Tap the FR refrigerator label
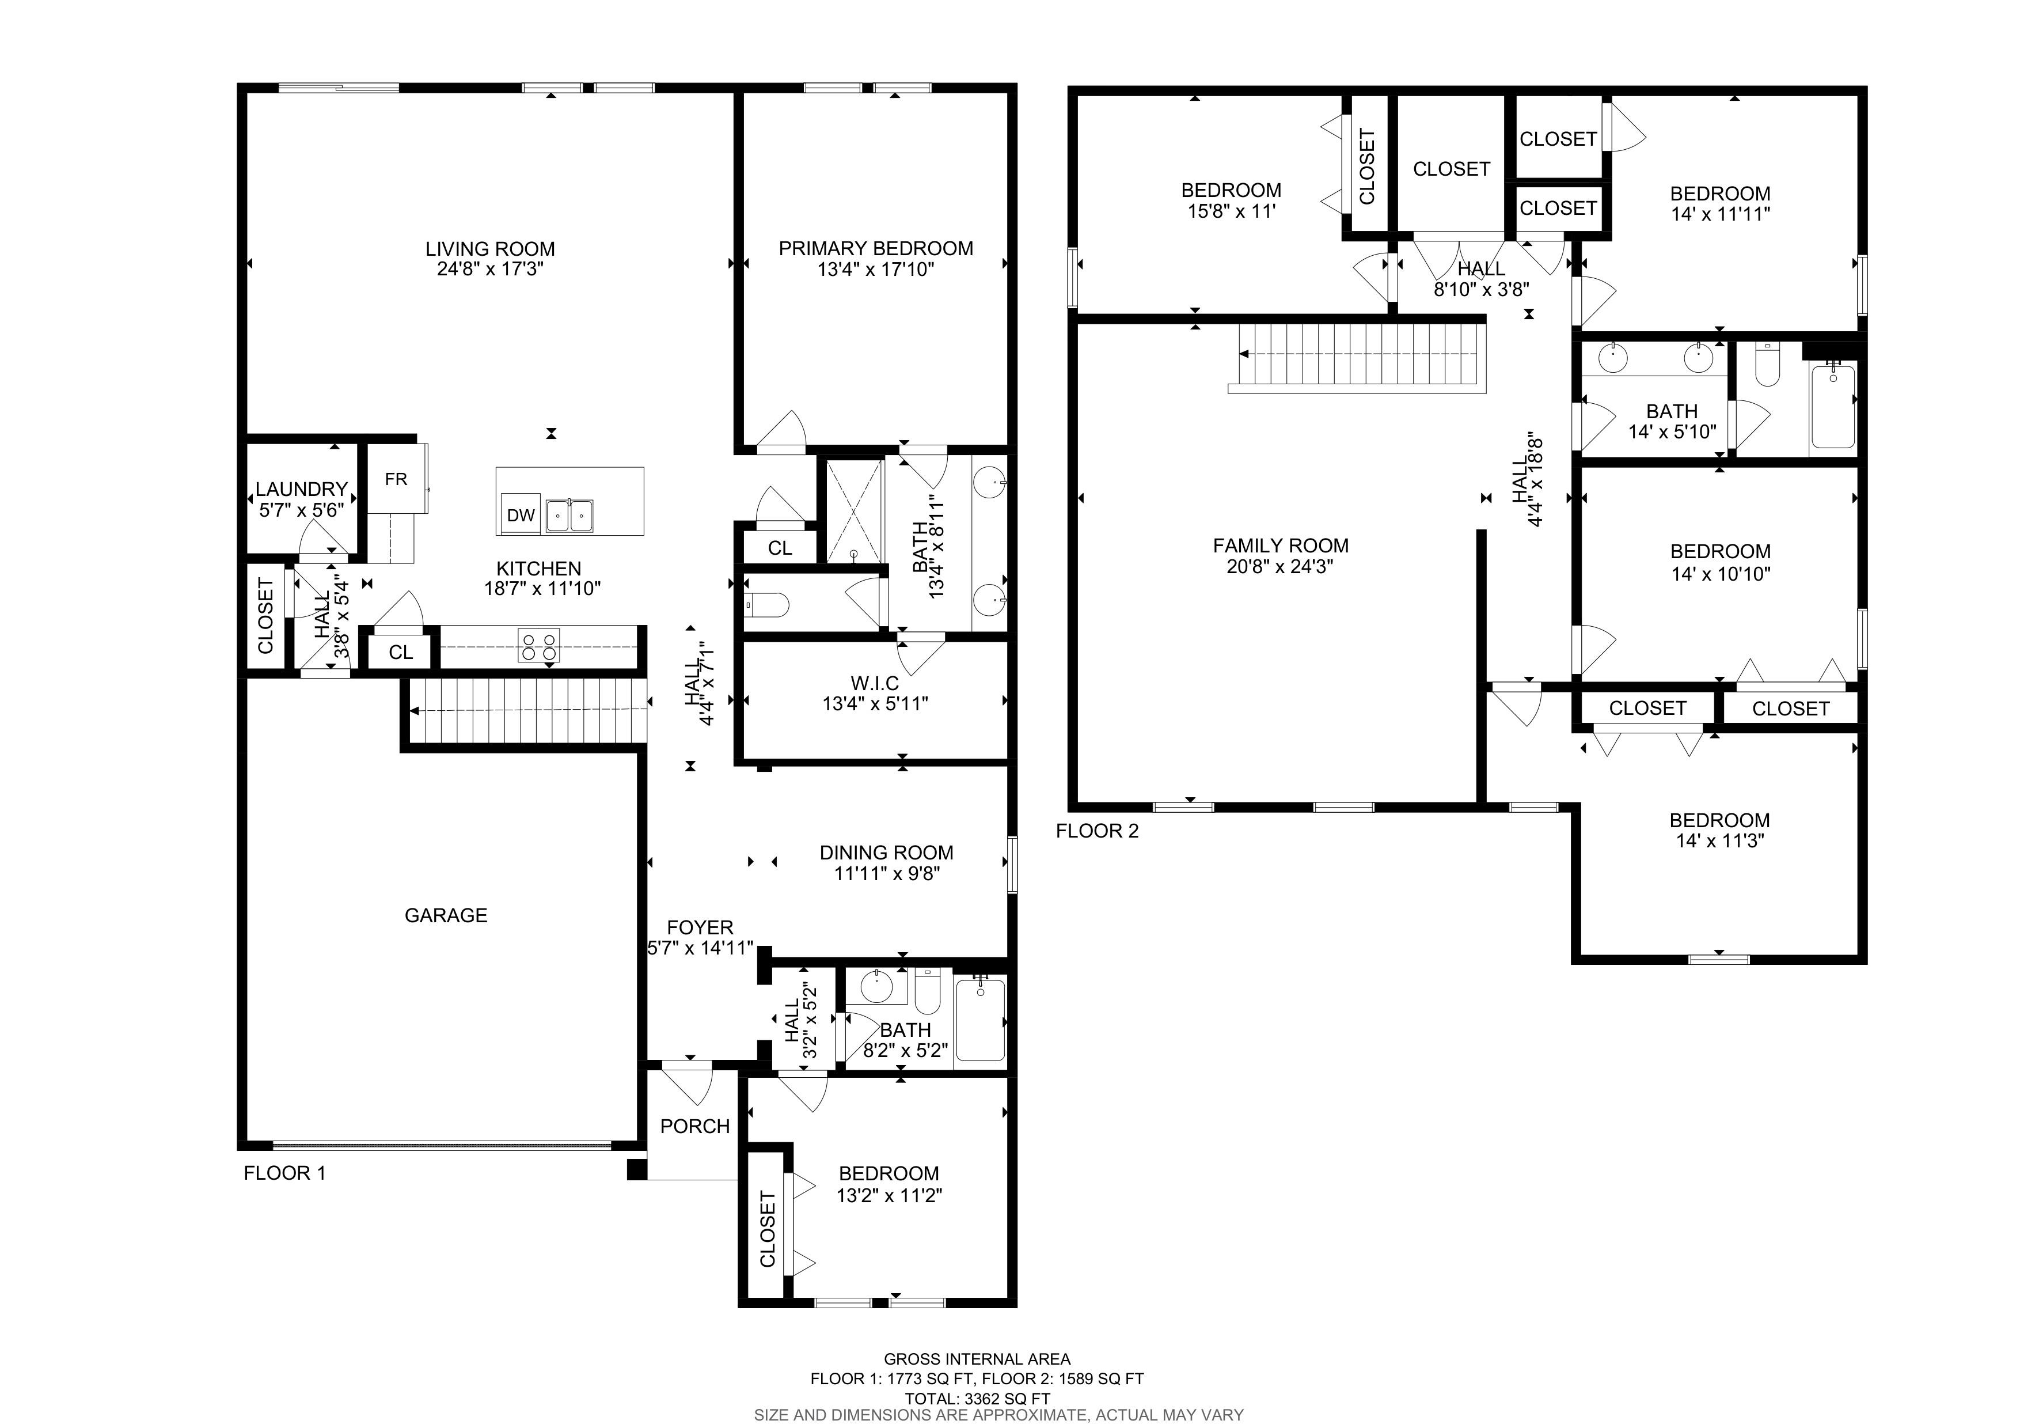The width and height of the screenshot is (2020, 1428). pos(396,479)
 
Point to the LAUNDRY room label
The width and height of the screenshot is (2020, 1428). pos(302,489)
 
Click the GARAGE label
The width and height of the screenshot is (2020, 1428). pos(446,915)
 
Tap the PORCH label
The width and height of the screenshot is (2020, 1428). pos(695,1126)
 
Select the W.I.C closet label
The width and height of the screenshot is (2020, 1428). pos(875,683)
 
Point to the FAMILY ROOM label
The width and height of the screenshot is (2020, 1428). pos(1280,546)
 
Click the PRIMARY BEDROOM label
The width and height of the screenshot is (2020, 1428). pos(875,248)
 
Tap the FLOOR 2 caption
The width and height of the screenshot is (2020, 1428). pos(1096,831)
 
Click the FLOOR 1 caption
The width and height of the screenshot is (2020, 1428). pos(284,1173)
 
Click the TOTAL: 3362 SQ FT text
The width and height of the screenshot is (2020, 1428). pos(977,1398)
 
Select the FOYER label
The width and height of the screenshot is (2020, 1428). pos(700,927)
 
